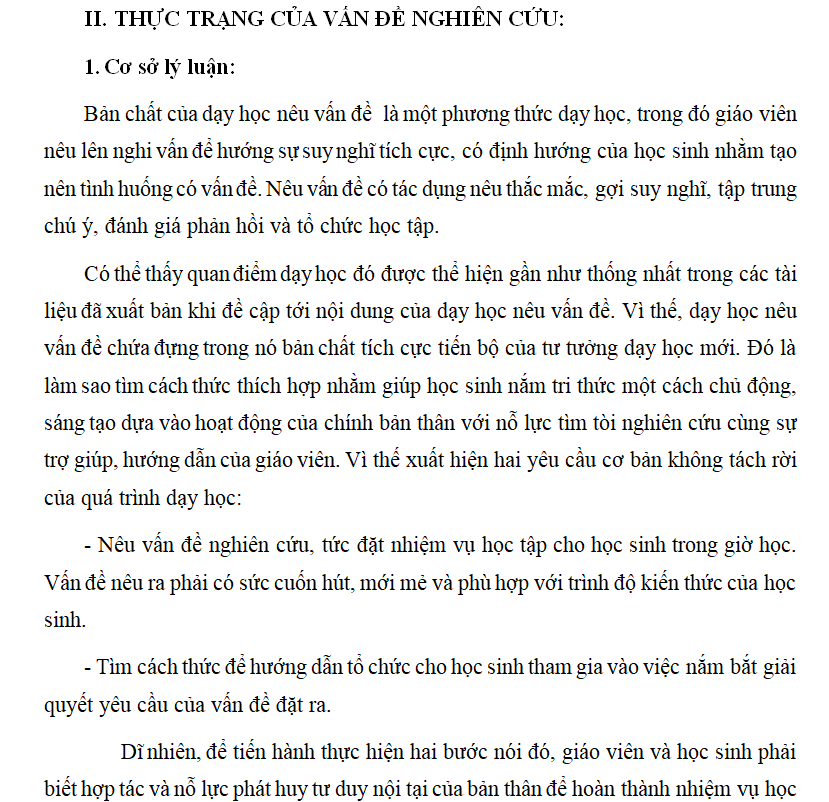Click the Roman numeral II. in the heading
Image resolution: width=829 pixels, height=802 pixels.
(97, 20)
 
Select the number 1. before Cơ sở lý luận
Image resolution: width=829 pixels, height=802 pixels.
(91, 68)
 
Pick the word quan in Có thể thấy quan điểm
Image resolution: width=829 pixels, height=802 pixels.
(208, 274)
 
